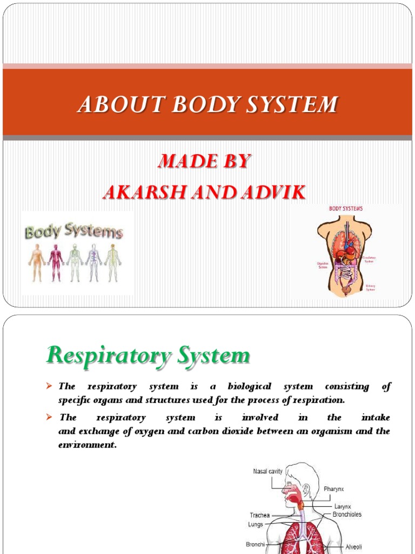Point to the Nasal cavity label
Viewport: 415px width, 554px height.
click(x=267, y=471)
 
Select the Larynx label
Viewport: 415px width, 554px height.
click(x=343, y=506)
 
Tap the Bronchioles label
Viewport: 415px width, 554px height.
click(x=347, y=514)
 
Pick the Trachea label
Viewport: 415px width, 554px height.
click(x=259, y=516)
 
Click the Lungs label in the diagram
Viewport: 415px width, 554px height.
click(x=256, y=524)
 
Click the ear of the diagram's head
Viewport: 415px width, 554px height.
click(x=307, y=490)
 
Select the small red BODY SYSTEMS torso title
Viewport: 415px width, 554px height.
click(x=346, y=208)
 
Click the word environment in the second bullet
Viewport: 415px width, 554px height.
click(x=87, y=445)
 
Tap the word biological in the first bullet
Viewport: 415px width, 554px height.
click(x=247, y=386)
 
